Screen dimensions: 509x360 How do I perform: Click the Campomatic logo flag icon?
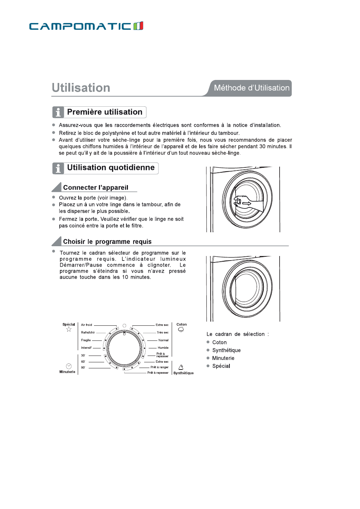pos(138,26)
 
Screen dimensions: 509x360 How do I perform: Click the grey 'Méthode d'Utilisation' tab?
pos(251,88)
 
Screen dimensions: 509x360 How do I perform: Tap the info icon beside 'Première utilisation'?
pos(58,112)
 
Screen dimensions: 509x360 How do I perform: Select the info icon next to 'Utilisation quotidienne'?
pos(58,168)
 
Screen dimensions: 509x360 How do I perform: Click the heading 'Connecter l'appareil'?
pos(95,187)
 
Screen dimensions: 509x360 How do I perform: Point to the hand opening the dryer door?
pos(242,201)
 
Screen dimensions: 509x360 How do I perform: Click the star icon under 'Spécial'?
pos(69,330)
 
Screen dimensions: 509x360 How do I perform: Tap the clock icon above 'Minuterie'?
pos(69,366)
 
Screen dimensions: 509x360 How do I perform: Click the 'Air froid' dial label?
pos(86,325)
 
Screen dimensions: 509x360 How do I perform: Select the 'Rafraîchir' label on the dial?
pos(88,333)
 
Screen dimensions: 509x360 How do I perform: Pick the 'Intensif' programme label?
pos(86,348)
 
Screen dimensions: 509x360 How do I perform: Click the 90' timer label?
pos(83,368)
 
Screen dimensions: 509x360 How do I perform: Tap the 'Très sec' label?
pos(163,333)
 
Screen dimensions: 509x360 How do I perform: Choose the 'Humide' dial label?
pos(163,348)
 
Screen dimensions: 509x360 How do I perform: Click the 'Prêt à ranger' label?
pos(159,367)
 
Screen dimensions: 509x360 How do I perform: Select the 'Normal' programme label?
pos(163,340)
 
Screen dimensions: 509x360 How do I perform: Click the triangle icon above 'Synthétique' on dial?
pos(181,367)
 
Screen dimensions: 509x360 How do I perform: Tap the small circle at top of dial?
pos(124,325)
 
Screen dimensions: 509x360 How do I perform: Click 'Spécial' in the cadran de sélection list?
pos(221,366)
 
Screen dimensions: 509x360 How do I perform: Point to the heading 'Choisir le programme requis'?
pos(107,242)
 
